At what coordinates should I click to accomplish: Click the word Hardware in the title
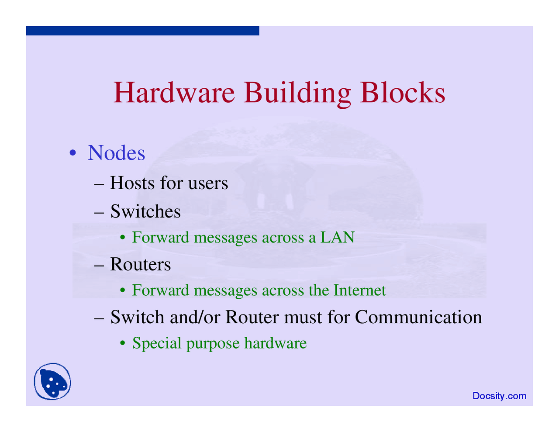(x=174, y=92)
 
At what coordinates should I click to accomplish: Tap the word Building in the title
(x=297, y=92)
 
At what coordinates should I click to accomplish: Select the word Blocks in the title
(x=402, y=92)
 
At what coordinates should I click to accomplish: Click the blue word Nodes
(x=116, y=153)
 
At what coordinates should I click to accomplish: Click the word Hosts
(x=132, y=183)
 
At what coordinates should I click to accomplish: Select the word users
(x=208, y=184)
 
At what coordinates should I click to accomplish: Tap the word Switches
(x=145, y=211)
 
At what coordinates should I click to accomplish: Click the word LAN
(x=337, y=237)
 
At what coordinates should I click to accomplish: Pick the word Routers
(x=140, y=264)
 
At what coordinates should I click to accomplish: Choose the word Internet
(x=359, y=290)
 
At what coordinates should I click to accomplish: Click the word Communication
(x=418, y=317)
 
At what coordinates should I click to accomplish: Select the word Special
(x=157, y=343)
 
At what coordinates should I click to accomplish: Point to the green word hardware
(x=275, y=343)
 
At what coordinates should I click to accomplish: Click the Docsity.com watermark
(x=499, y=396)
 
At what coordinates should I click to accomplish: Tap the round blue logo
(x=53, y=382)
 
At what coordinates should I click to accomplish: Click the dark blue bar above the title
(x=142, y=31)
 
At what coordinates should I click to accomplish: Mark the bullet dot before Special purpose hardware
(x=123, y=344)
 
